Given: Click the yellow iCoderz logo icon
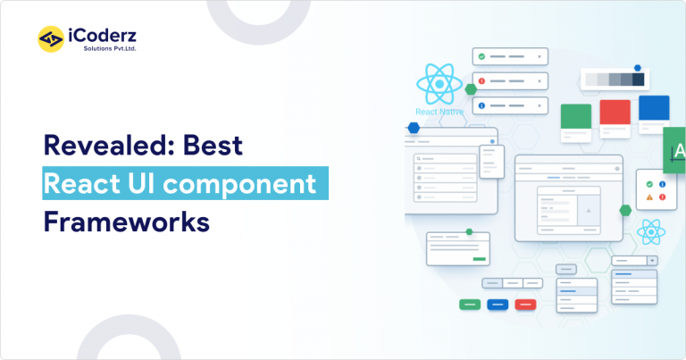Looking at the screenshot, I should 50,38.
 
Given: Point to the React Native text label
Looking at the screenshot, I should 439,112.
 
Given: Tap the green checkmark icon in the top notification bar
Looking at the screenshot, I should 481,56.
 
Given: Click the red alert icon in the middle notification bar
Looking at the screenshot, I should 481,81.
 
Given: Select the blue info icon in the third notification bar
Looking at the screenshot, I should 481,106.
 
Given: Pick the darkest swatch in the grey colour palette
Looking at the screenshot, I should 638,80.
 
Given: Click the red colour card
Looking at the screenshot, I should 615,113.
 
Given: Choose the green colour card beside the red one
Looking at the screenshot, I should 575,115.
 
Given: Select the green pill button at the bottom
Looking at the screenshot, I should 470,305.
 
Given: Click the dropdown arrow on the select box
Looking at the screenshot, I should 651,261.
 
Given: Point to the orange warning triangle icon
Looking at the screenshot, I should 649,197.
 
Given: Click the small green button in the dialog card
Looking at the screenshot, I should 480,258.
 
